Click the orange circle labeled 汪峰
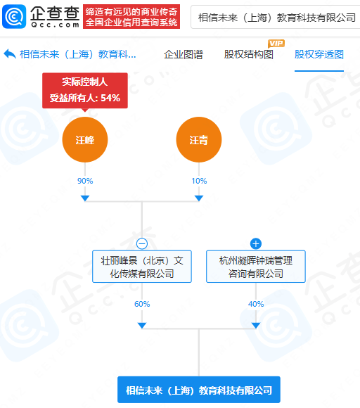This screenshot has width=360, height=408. (x=85, y=140)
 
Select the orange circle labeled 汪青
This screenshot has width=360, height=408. (x=199, y=140)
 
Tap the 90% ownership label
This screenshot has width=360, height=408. (x=85, y=181)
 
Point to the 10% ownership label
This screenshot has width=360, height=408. (x=199, y=181)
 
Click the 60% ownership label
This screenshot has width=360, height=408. (x=142, y=304)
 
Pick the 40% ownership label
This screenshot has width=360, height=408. (x=256, y=304)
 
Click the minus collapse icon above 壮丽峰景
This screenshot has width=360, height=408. (x=142, y=244)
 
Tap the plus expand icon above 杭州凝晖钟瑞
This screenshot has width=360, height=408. (x=256, y=244)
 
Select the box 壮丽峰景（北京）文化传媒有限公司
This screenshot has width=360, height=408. (x=142, y=267)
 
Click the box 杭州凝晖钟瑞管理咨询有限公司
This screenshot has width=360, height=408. (x=256, y=267)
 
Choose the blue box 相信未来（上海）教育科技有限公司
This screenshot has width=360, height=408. (x=199, y=390)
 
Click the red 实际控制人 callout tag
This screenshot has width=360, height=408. (x=85, y=91)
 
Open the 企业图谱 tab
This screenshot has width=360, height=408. (x=184, y=54)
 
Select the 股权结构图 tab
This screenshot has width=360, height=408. (x=249, y=54)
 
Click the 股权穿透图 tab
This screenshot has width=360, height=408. (x=319, y=54)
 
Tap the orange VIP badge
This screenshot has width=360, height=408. (x=276, y=43)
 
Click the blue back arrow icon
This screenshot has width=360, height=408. (x=10, y=54)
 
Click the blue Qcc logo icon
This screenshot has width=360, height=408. (x=14, y=16)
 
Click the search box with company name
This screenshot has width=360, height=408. (x=276, y=17)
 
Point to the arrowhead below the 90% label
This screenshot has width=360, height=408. (x=85, y=198)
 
